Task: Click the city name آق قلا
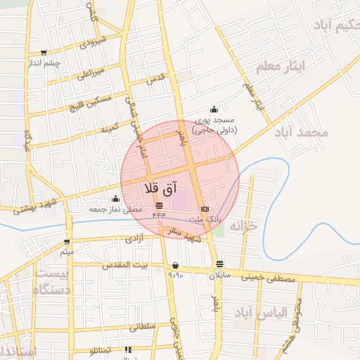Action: pos(161,188)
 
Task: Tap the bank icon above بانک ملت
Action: pos(205,210)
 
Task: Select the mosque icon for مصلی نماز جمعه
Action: pos(115,199)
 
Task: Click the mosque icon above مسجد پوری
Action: pos(214,110)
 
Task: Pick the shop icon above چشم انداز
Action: pos(44,53)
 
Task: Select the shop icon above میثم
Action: pos(67,241)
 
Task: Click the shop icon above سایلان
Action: pos(219,265)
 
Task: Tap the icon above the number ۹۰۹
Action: pos(174,266)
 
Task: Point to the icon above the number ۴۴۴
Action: pos(158,205)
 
